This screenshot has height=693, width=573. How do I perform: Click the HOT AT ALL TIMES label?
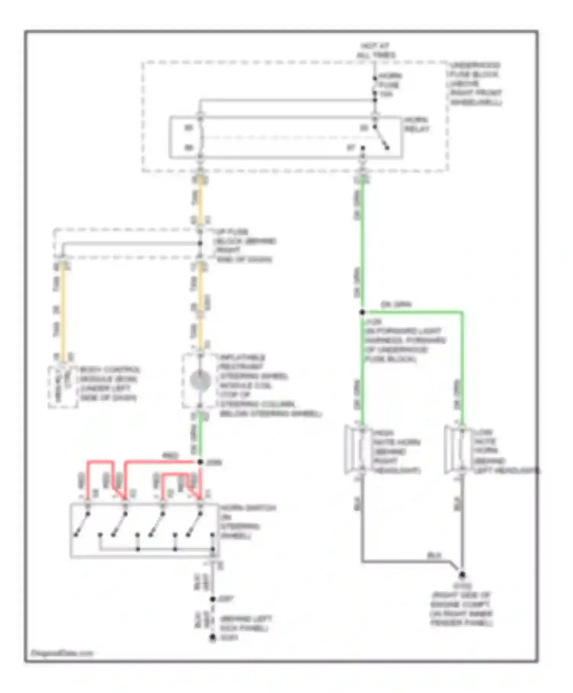(x=376, y=50)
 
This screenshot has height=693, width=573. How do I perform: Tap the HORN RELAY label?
(x=417, y=125)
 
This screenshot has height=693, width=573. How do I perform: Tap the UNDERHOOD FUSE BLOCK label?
(x=475, y=84)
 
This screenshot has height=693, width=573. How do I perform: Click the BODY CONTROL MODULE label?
(x=109, y=384)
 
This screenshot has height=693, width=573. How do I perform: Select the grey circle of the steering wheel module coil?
(x=200, y=381)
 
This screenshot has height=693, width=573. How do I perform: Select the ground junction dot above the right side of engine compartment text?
(x=462, y=575)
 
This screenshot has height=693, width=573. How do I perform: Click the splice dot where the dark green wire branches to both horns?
(x=362, y=312)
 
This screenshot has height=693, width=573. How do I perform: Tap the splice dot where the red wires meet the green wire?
(x=200, y=462)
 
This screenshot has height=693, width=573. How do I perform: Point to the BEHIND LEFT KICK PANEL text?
(x=246, y=623)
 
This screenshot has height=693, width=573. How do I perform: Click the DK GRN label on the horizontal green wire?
(x=396, y=304)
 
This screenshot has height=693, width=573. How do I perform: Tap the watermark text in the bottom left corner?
(x=62, y=653)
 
